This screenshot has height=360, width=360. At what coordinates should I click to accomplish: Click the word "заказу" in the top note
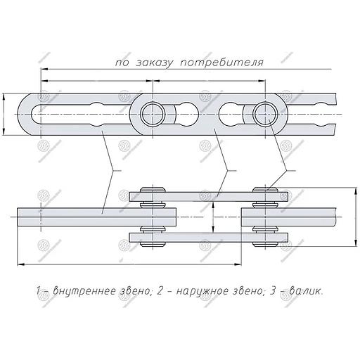click(155, 63)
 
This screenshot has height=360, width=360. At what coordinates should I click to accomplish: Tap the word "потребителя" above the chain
click(222, 63)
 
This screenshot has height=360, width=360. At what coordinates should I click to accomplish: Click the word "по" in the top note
click(122, 63)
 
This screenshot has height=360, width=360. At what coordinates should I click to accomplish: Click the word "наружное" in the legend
click(202, 291)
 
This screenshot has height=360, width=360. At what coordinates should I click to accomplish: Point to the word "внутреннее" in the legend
click(85, 291)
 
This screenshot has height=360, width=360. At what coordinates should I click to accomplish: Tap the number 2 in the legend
click(160, 291)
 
